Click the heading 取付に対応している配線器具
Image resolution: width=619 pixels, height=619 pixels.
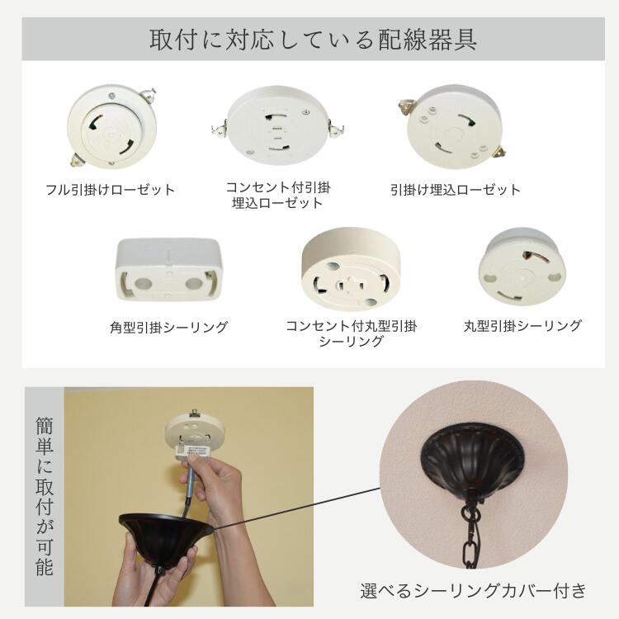pos(313,40)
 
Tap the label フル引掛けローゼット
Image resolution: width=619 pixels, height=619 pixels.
pos(111,190)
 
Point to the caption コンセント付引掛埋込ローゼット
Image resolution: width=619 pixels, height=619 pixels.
pos(278,195)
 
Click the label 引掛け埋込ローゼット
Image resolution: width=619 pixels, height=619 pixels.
pos(456,190)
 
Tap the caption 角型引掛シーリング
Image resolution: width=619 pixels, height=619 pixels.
pos(168,327)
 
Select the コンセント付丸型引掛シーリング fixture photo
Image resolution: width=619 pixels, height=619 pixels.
pos(351,267)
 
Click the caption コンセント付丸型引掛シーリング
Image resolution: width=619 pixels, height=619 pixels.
pos(351,333)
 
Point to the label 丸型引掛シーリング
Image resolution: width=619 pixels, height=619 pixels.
pos(522,326)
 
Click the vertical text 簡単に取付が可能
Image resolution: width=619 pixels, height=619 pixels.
pos(45,496)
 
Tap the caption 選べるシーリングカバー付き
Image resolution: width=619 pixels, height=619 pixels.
pos(474,591)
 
